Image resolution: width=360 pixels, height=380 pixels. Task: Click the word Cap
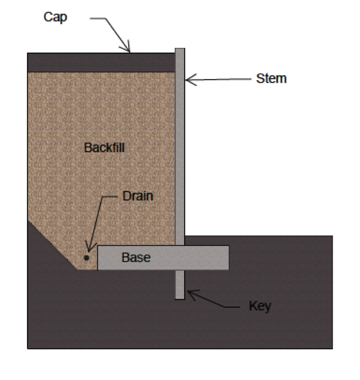click(x=55, y=18)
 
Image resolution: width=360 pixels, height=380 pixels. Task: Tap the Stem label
click(x=272, y=79)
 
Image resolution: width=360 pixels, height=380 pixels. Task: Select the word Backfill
click(x=104, y=147)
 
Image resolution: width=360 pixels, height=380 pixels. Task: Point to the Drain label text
click(x=138, y=196)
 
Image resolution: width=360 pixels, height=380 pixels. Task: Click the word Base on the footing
click(x=136, y=258)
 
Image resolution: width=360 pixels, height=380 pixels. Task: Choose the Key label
click(x=260, y=306)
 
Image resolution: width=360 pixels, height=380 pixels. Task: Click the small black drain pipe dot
click(x=86, y=258)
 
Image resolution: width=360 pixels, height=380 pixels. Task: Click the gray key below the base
click(x=180, y=285)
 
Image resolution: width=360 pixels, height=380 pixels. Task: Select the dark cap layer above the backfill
click(x=101, y=62)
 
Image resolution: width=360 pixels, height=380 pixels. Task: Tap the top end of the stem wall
click(x=180, y=49)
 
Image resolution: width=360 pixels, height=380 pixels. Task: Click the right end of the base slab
click(x=229, y=258)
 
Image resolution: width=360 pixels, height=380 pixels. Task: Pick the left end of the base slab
click(x=98, y=258)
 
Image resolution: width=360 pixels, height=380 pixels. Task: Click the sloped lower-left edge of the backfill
click(x=53, y=245)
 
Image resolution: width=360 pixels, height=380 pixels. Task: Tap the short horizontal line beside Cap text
click(x=98, y=18)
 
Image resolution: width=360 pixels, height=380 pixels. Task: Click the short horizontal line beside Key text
click(x=232, y=307)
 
